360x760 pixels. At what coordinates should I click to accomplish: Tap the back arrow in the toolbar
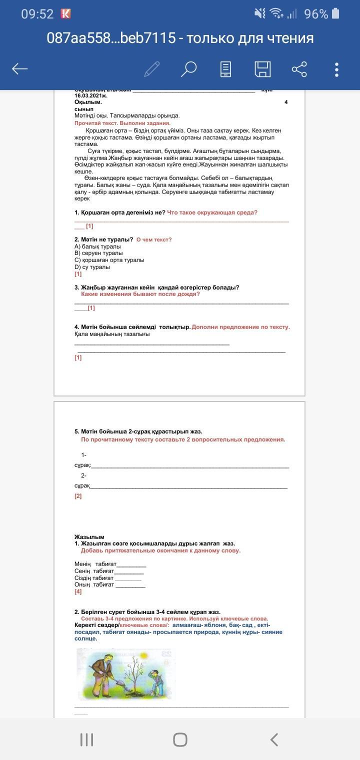pos(19,69)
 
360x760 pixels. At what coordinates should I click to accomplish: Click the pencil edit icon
pos(152,69)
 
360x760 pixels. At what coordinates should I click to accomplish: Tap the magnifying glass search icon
pos(188,69)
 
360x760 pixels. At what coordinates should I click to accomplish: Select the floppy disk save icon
pos(262,69)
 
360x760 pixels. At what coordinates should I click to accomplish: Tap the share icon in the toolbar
pos(299,69)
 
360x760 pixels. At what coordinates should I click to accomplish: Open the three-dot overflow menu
pos(337,69)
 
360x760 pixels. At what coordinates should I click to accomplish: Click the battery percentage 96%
pos(316,14)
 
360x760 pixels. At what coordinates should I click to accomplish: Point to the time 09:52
pos(37,14)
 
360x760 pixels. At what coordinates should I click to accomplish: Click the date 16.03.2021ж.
pos(91,95)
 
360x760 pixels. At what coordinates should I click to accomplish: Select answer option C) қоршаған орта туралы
pos(109,260)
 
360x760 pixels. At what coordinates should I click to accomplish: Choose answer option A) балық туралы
pos(97,246)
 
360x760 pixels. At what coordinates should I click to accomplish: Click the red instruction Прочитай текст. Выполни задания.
pos(122,122)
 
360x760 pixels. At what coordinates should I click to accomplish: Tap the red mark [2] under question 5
pos(78,496)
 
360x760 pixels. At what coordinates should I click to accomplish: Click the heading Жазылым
pos(89,537)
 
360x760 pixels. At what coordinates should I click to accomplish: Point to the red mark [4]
pos(78,591)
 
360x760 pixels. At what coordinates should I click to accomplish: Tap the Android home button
pos(180,739)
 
